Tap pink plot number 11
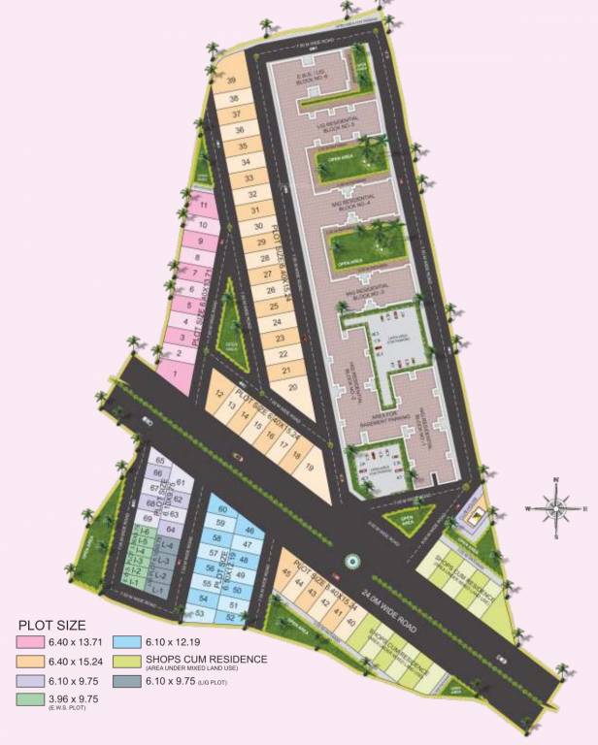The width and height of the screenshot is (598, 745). pos(203,206)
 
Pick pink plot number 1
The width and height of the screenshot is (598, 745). pos(175,373)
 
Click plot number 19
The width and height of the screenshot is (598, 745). pos(309,468)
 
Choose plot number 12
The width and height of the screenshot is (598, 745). pos(220,394)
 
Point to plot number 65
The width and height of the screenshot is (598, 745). pos(159,461)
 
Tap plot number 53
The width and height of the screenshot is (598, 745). pos(200,613)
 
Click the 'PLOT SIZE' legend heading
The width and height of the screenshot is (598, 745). pos(52,626)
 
